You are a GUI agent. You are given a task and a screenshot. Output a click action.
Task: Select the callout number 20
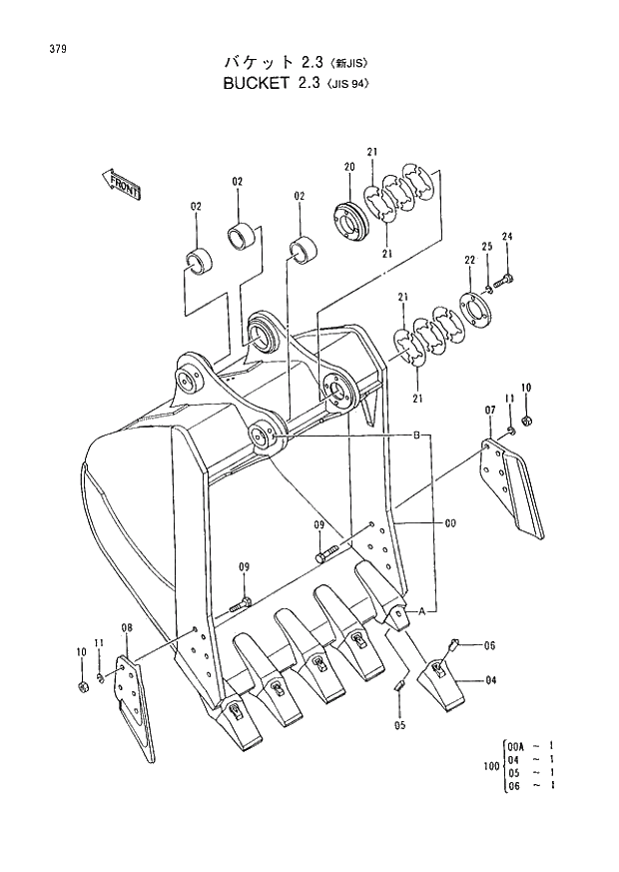349,167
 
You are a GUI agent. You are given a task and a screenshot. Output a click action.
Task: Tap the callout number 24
506,237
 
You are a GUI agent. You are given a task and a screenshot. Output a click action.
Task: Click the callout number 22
468,261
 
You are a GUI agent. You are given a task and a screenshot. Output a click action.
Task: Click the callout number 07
490,411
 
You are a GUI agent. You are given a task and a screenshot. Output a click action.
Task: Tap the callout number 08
127,628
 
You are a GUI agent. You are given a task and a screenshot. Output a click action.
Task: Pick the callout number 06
490,646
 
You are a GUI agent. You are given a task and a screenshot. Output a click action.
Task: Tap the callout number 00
450,522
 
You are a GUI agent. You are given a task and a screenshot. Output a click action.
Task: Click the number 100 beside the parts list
489,766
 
